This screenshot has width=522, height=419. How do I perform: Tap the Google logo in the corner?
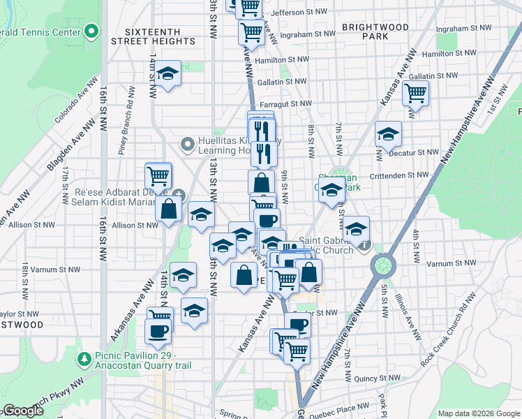coord(23,411)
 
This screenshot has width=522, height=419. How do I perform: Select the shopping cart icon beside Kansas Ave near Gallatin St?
coord(416,93)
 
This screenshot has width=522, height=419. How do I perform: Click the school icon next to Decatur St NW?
coord(389,134)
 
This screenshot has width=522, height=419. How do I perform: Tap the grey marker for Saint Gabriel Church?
coord(364,245)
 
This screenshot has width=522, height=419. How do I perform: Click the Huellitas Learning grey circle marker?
coord(187,145)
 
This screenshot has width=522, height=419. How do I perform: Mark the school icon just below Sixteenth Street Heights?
coord(167,74)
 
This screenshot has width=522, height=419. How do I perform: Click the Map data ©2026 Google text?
coord(479,413)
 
